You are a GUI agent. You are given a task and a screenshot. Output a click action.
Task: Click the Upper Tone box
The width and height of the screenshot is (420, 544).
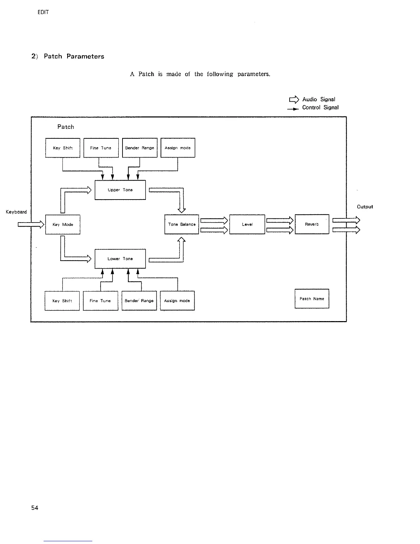pyautogui.click(x=120, y=190)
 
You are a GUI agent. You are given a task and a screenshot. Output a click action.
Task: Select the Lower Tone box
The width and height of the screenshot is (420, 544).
pyautogui.click(x=120, y=259)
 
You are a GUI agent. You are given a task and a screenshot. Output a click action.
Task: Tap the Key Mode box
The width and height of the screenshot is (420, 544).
pyautogui.click(x=63, y=225)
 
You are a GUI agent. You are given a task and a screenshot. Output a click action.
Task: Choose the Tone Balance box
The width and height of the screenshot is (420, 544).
pyautogui.click(x=182, y=224)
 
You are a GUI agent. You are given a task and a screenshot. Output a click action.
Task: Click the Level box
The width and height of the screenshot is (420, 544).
pyautogui.click(x=247, y=224)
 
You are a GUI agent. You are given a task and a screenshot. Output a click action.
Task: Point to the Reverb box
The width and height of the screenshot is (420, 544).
pyautogui.click(x=312, y=224)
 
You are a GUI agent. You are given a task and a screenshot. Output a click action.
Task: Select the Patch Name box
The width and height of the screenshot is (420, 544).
pyautogui.click(x=312, y=299)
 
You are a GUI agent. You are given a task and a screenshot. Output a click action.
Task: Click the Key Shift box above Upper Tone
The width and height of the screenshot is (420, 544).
pyautogui.click(x=63, y=148)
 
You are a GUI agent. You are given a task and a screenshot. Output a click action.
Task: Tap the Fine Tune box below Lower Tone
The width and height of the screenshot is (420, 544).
pyautogui.click(x=101, y=301)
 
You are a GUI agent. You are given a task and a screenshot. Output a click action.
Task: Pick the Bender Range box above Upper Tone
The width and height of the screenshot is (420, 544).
pyautogui.click(x=140, y=148)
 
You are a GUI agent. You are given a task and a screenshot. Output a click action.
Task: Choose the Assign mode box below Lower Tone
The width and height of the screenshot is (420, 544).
pyautogui.click(x=177, y=301)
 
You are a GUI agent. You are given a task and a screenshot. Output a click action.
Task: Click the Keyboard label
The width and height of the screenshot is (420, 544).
pyautogui.click(x=16, y=212)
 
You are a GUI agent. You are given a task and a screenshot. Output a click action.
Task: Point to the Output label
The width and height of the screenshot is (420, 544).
pyautogui.click(x=365, y=207)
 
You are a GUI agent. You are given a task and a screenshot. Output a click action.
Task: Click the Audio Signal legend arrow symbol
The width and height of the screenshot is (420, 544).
pyautogui.click(x=294, y=100)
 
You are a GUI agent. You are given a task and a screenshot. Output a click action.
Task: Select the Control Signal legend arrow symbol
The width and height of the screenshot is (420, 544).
pyautogui.click(x=293, y=108)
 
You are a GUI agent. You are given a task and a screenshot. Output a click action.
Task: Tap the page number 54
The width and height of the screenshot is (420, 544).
pyautogui.click(x=35, y=508)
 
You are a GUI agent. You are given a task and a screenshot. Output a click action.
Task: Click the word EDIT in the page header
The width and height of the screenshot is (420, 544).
pyautogui.click(x=43, y=12)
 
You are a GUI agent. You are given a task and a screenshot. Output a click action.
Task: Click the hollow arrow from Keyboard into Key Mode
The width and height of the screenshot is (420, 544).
pyautogui.click(x=31, y=225)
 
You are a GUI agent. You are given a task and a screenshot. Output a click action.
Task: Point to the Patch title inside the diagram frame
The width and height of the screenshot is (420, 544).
pyautogui.click(x=66, y=127)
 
